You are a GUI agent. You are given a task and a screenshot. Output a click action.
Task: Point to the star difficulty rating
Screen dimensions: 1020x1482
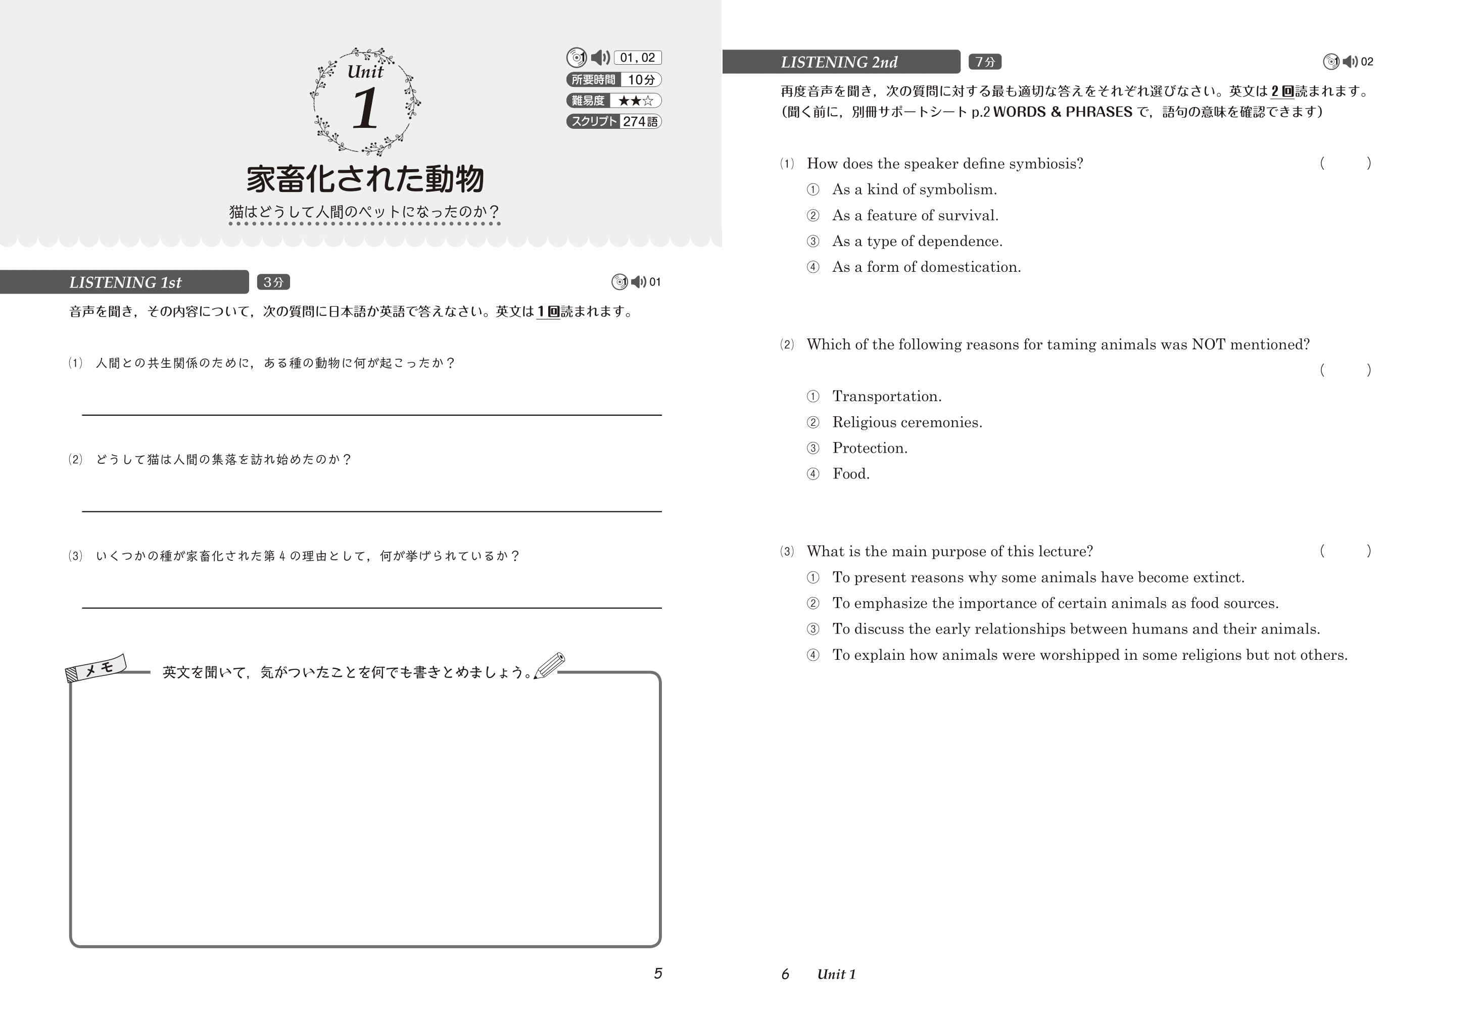point(635,101)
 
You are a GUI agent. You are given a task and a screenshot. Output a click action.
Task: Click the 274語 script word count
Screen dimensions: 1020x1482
point(640,121)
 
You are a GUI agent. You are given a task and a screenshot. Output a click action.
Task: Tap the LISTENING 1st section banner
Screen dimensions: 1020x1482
point(125,282)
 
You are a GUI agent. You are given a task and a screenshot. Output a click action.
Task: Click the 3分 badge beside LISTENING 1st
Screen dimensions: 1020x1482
point(273,282)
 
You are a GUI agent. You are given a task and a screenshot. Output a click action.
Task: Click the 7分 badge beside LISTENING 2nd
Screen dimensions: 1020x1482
point(985,62)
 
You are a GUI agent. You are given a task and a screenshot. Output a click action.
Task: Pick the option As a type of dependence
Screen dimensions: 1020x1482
point(917,241)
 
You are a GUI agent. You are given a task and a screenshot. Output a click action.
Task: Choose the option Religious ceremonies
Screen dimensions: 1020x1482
point(907,422)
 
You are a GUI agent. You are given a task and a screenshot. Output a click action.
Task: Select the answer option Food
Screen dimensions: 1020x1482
point(850,473)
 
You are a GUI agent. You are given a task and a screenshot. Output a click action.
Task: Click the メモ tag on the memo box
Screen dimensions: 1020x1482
point(97,668)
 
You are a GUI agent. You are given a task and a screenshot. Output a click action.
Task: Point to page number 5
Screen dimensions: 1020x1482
point(657,974)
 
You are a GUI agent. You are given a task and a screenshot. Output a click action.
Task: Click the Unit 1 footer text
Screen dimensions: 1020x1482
point(836,974)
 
